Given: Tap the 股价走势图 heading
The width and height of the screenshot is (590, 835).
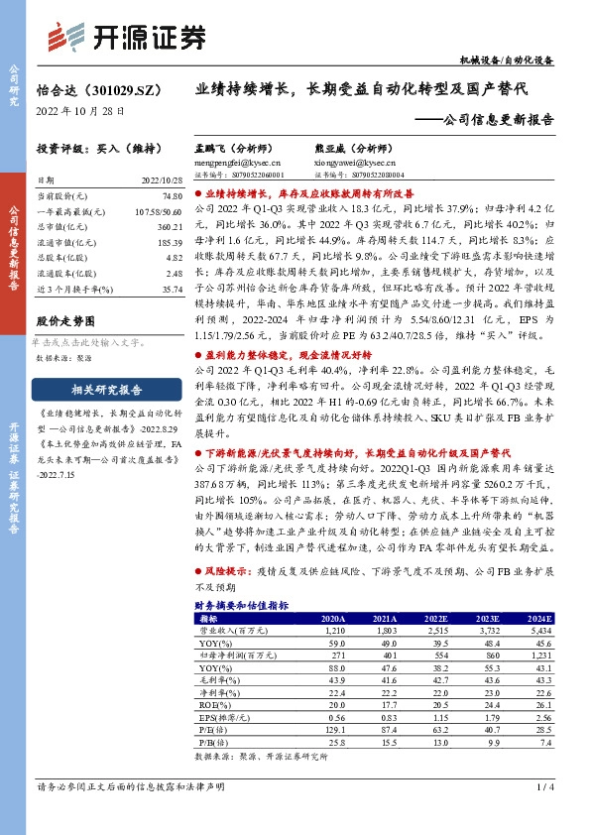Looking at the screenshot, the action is tap(64, 321).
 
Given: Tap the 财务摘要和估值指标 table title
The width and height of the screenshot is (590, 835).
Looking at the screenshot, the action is tap(241, 604).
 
